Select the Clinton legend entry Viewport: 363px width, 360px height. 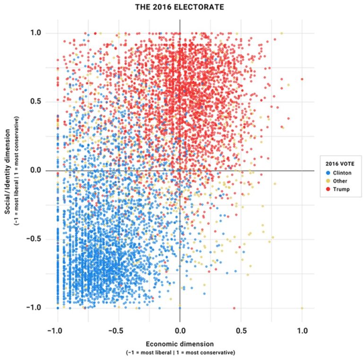337,173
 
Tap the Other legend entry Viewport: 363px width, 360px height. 335,181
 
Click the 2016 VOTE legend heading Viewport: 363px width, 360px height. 337,164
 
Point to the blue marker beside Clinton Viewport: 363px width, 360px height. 325,173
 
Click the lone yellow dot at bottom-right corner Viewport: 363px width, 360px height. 302,308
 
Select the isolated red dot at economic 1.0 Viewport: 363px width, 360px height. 302,79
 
